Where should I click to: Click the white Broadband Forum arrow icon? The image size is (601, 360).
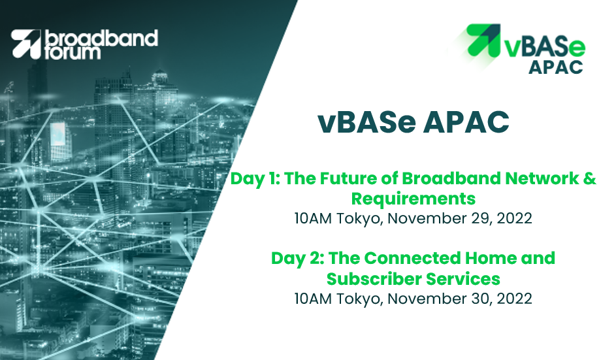[26, 44]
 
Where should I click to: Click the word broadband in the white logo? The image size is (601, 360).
[101, 39]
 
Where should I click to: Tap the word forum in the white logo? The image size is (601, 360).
[73, 53]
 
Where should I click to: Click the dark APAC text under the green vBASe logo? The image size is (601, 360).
[556, 67]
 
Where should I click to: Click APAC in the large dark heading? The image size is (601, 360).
[466, 122]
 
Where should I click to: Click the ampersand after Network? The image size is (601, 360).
[591, 178]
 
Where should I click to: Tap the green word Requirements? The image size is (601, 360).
[413, 199]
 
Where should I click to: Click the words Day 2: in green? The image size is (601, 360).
[298, 259]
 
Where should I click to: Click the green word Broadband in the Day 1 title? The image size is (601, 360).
[451, 178]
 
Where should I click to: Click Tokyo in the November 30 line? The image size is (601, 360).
[360, 300]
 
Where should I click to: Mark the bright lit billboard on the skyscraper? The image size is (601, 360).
[58, 134]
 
